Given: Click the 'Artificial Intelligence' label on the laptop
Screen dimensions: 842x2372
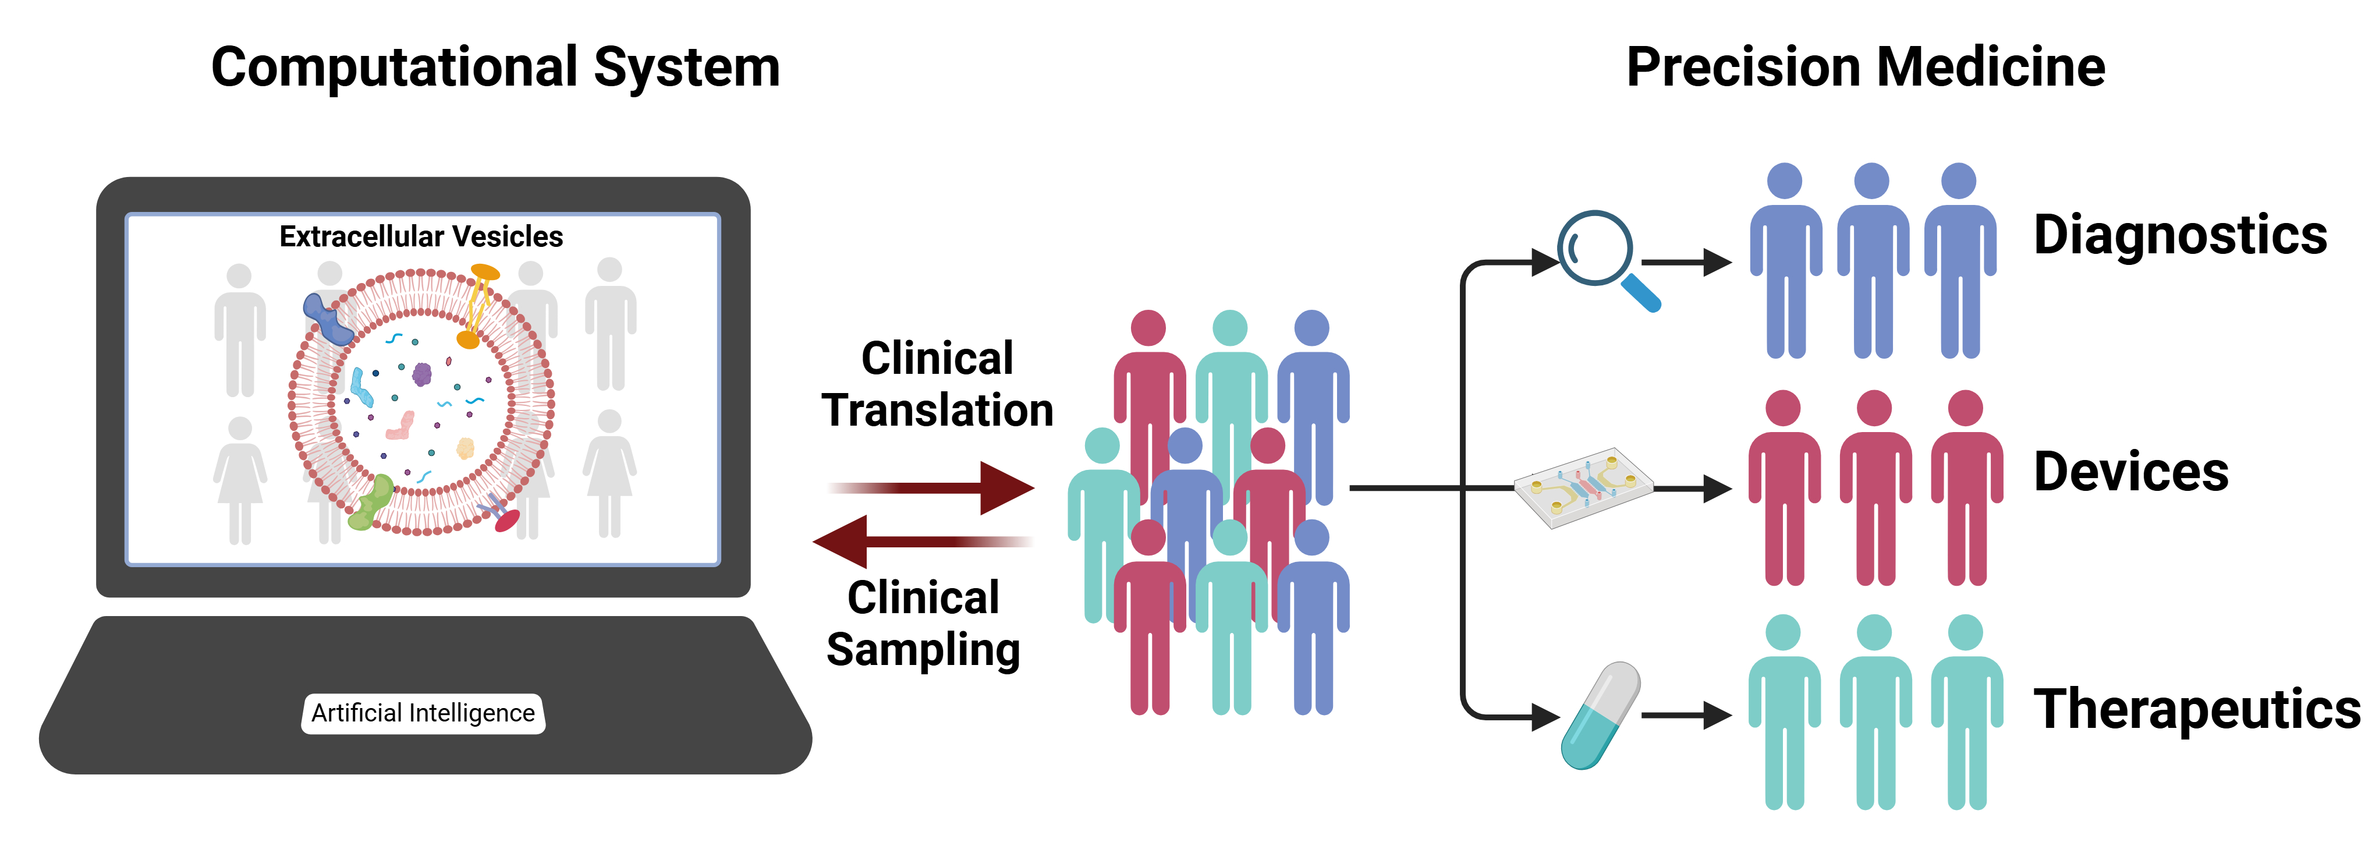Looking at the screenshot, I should (423, 713).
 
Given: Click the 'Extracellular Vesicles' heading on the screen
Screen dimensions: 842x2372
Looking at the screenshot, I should (421, 237).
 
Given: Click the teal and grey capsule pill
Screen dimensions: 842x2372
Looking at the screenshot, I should (1600, 715).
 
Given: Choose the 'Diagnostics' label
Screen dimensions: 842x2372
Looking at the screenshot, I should (2179, 235).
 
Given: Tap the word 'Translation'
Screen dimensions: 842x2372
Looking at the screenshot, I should (937, 410).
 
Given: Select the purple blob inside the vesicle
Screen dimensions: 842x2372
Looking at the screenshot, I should (422, 374).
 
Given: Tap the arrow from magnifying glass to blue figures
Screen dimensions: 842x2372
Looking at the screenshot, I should (1685, 263).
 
